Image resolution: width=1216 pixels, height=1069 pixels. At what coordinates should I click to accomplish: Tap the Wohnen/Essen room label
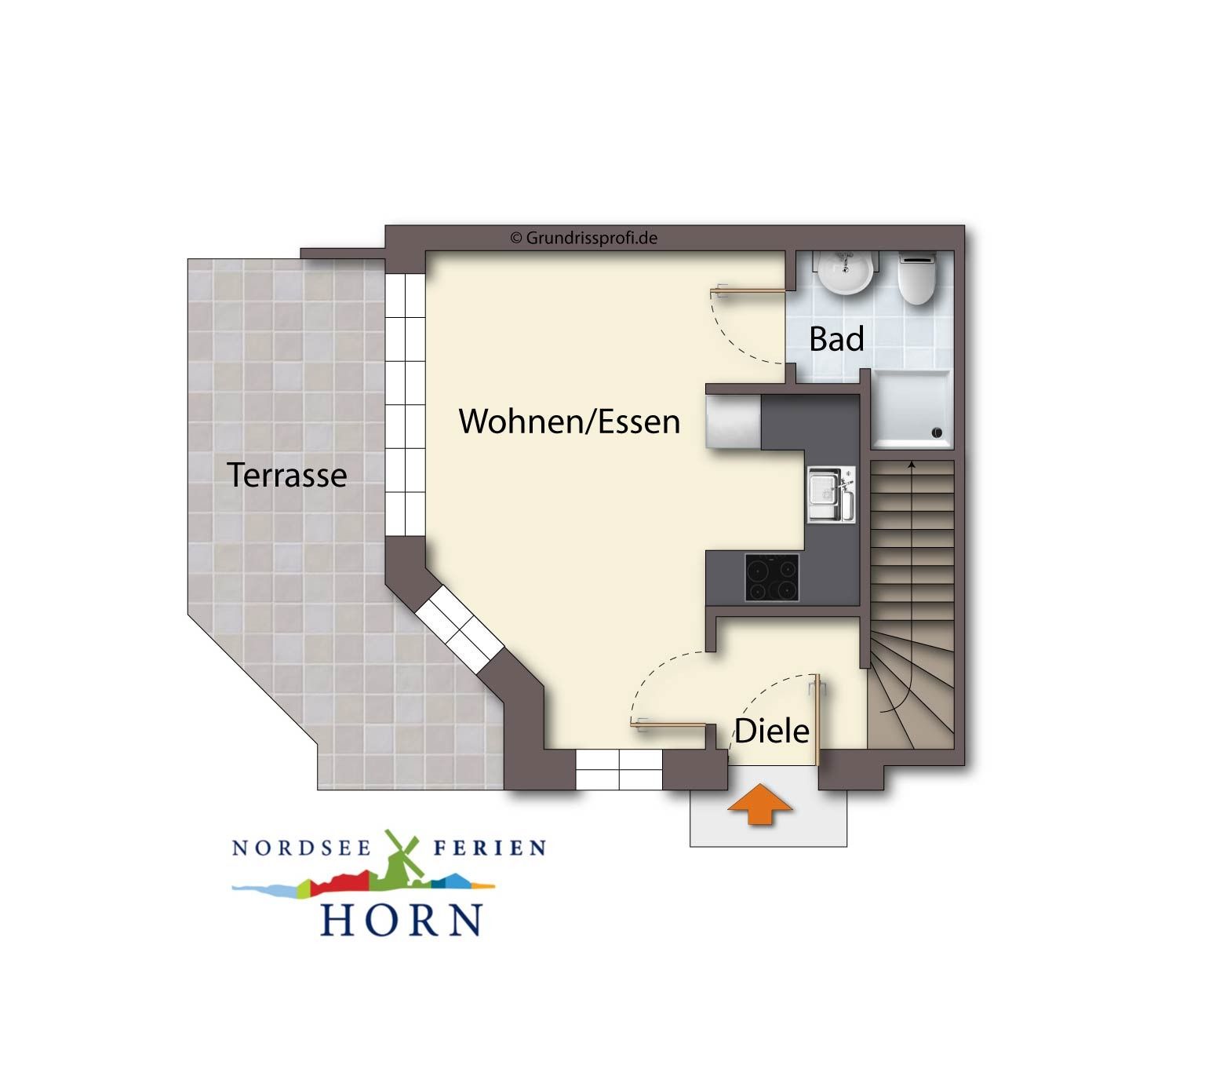click(x=569, y=421)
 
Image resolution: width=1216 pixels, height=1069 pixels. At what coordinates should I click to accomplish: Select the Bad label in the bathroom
click(x=836, y=339)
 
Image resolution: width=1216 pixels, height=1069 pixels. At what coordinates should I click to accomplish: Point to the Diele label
click(x=771, y=731)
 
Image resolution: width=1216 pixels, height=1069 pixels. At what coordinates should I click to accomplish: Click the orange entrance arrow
click(x=760, y=804)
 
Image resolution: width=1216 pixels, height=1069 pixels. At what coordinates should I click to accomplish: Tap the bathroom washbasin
click(x=846, y=272)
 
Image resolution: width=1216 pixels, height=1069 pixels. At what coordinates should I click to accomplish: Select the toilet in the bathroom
click(x=916, y=279)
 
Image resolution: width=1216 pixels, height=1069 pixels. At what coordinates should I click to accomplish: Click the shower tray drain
click(x=936, y=432)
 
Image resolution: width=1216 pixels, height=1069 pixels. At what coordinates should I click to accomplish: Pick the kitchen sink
click(x=832, y=494)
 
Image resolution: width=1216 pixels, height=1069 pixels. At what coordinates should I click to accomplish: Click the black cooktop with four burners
click(x=772, y=577)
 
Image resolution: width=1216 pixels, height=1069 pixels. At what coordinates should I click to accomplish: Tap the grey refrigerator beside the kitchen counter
click(x=734, y=421)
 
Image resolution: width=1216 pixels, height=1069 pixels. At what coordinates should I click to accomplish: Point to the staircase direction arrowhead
click(x=911, y=463)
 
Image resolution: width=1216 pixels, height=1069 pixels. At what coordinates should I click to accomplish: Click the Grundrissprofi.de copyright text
click(x=584, y=238)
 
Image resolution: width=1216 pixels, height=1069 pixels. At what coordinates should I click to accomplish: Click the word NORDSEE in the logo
click(x=302, y=848)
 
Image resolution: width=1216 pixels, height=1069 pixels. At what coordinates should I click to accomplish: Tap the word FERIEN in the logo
click(x=490, y=848)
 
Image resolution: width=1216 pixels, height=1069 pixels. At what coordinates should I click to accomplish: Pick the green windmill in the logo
click(x=402, y=860)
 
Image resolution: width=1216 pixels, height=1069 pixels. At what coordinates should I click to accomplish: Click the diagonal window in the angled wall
click(x=459, y=629)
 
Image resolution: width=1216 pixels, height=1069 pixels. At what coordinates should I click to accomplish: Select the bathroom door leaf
click(x=748, y=290)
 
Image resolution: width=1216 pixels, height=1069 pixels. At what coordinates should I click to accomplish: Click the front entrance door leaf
click(x=816, y=720)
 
